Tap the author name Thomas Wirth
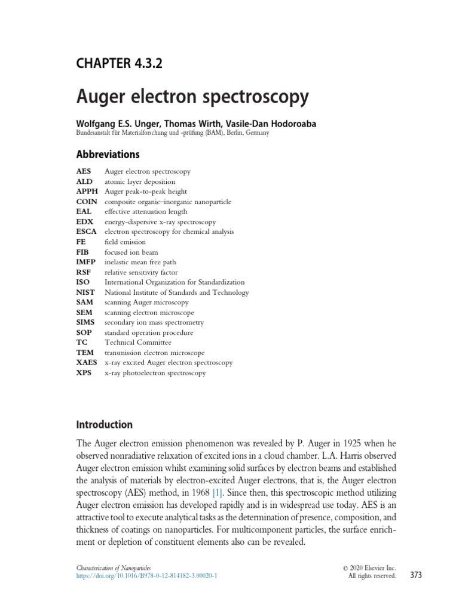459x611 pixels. click(x=182, y=124)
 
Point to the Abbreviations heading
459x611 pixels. click(x=108, y=155)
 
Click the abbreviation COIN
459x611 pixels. click(x=87, y=202)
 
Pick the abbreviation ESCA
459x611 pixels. click(x=87, y=232)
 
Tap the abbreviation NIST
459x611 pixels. click(x=86, y=292)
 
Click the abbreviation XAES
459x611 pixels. click(x=87, y=363)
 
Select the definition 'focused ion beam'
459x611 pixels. click(x=131, y=252)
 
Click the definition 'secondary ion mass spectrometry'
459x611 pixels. click(x=154, y=322)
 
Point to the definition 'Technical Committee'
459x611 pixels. click(x=138, y=342)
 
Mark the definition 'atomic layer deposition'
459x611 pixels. click(x=140, y=181)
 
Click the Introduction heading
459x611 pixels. click(x=105, y=425)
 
